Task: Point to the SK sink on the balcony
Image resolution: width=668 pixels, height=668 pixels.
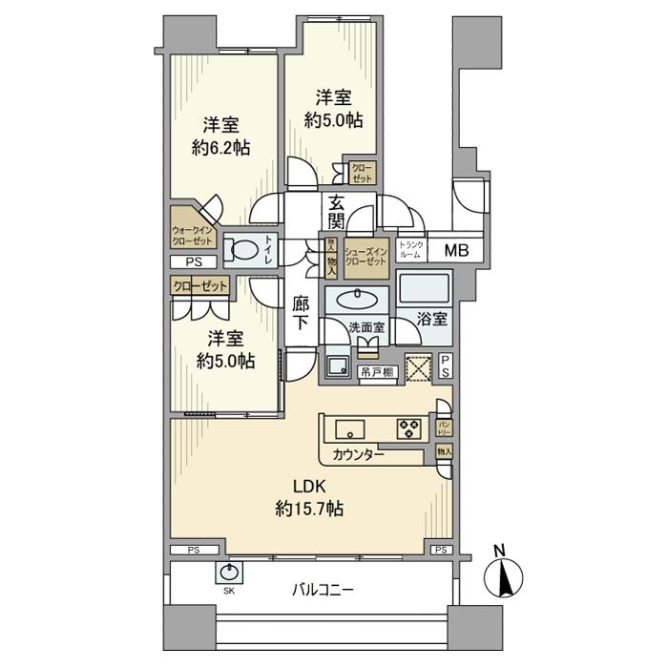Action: pos(229,573)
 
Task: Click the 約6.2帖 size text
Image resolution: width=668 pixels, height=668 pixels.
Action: pos(220,148)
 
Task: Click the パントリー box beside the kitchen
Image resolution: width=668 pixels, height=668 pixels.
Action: pos(444,423)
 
